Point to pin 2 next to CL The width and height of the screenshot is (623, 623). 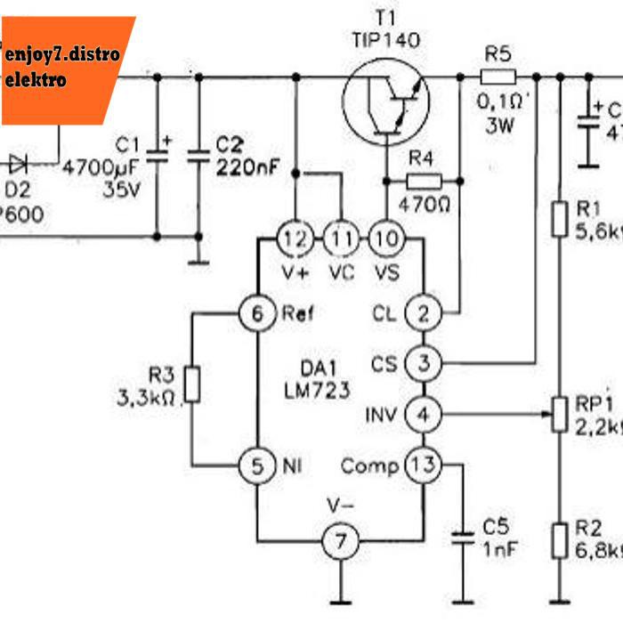click(x=423, y=313)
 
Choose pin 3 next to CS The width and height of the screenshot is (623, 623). click(x=423, y=363)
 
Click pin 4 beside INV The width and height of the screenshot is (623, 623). click(x=423, y=414)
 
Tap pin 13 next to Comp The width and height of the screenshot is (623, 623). click(x=423, y=464)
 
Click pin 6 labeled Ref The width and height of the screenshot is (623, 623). click(x=256, y=313)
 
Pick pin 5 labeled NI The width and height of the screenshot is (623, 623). click(x=256, y=464)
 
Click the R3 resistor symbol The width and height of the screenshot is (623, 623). click(x=192, y=385)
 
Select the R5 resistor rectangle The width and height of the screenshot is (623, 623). click(x=498, y=77)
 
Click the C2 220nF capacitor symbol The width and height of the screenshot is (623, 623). click(x=198, y=157)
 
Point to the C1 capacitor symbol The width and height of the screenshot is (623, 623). click(x=157, y=157)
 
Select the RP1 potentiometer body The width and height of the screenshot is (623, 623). click(x=559, y=414)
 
